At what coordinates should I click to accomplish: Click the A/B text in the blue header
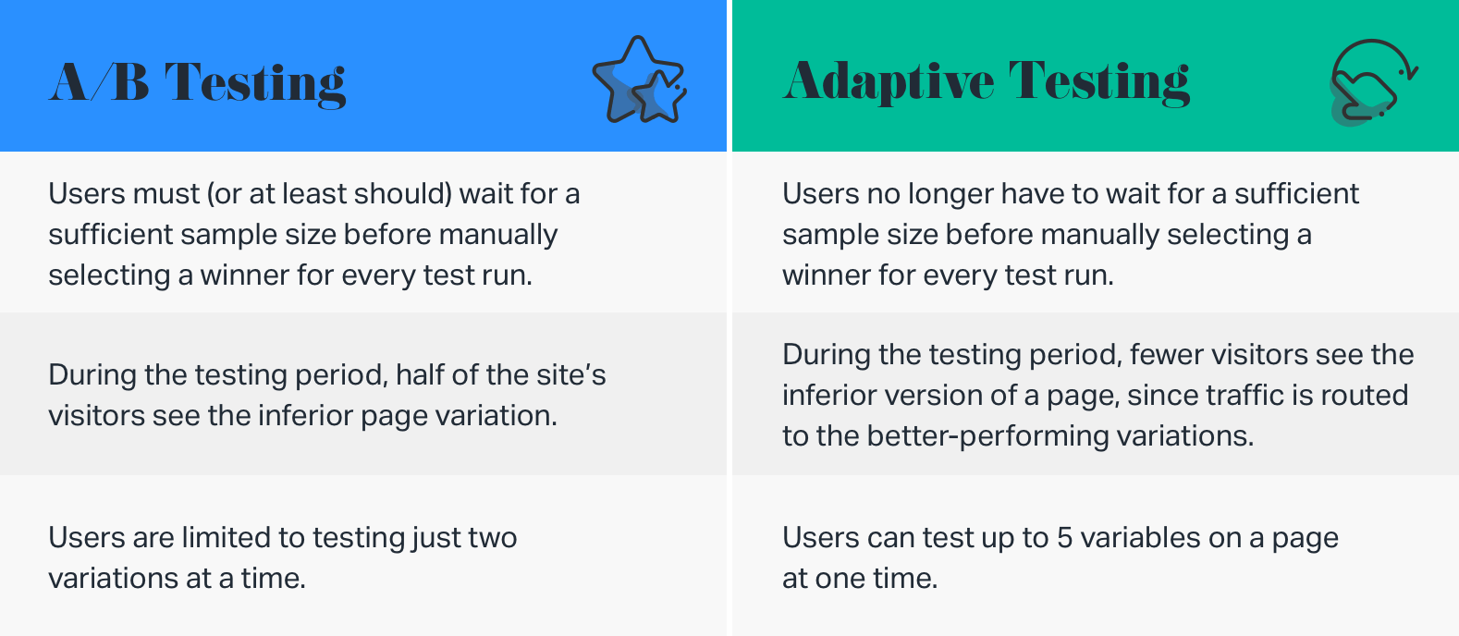click(99, 82)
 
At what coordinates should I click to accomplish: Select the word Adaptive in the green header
click(889, 82)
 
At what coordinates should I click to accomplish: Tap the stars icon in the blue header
click(639, 80)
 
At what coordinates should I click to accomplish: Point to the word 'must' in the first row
click(166, 194)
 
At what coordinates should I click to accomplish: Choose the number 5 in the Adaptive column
click(1064, 538)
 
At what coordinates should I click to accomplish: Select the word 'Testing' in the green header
click(1099, 82)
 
